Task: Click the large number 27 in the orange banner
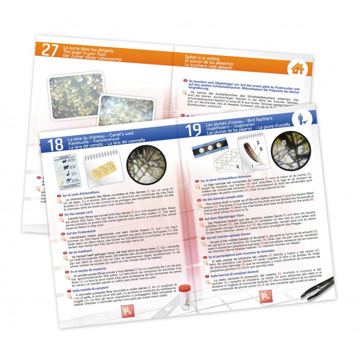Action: click(x=50, y=49)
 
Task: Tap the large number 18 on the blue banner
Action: click(x=55, y=145)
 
